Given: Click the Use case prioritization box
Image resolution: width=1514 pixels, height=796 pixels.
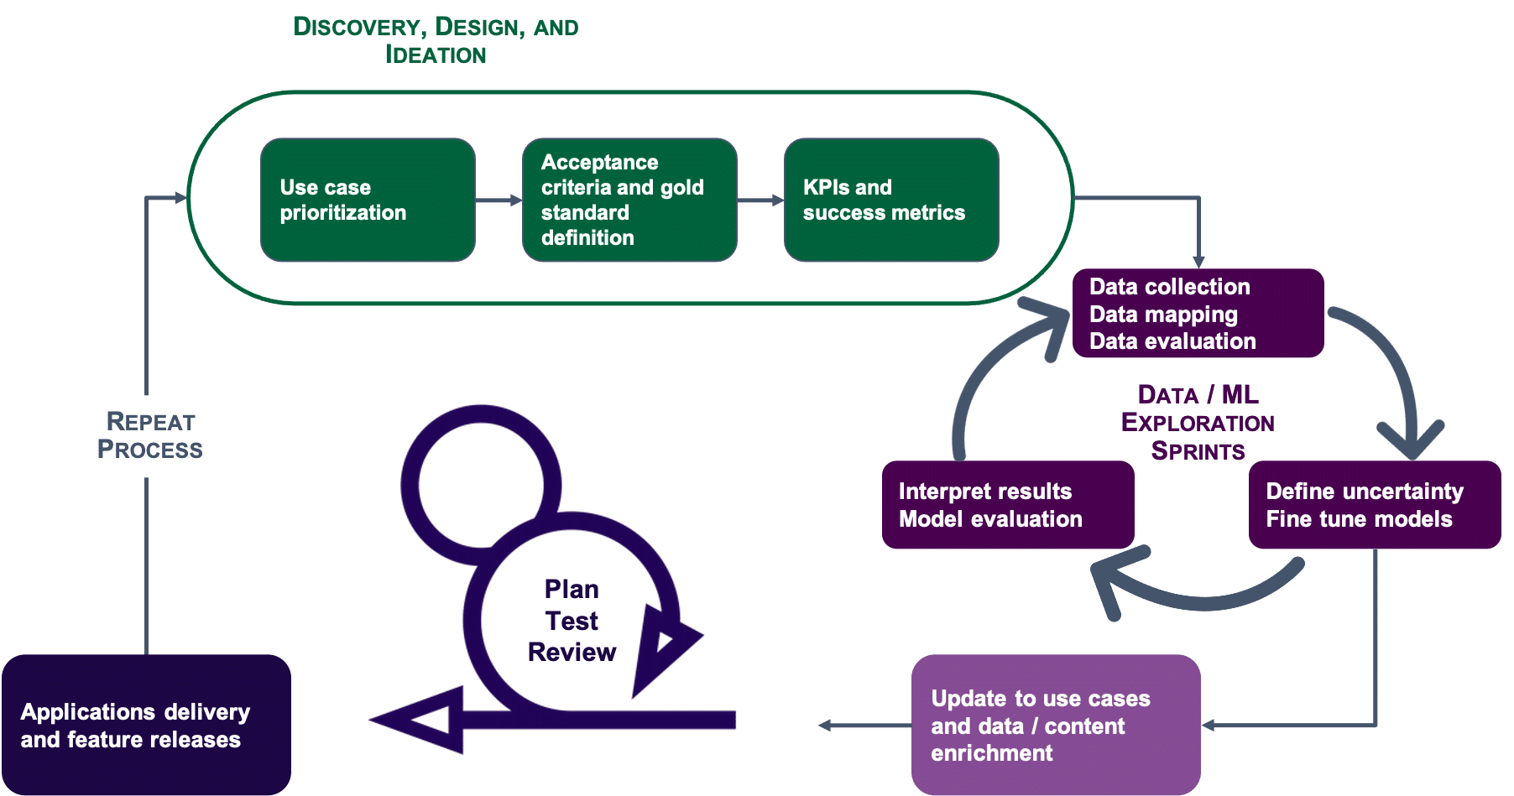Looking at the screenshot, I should click(x=368, y=200).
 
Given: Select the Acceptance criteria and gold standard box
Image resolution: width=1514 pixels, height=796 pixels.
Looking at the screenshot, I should click(x=629, y=200).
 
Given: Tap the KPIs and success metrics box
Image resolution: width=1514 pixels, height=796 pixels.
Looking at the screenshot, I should click(x=891, y=200).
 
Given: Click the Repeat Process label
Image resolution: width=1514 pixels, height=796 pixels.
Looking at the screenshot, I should click(x=150, y=436).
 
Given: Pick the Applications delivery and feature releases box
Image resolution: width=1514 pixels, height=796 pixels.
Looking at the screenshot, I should click(x=146, y=725).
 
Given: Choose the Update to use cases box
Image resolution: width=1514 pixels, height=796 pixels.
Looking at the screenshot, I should click(x=1056, y=725).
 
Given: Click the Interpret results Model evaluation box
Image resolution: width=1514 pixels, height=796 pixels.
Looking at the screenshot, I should click(x=1008, y=505).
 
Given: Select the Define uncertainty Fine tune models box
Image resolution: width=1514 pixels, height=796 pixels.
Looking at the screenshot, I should click(x=1375, y=505).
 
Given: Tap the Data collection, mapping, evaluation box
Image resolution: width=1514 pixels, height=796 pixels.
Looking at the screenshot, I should click(x=1198, y=313).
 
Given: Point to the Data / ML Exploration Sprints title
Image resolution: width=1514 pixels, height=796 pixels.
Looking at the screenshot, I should click(x=1198, y=422).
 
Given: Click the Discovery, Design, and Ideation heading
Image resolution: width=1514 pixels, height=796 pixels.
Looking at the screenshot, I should click(x=436, y=39).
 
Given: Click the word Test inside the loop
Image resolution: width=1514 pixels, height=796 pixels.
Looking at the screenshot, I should click(x=572, y=621).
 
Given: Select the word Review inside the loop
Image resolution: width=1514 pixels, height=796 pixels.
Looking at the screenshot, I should click(x=572, y=652).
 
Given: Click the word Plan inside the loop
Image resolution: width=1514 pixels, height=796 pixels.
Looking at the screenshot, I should click(x=572, y=589).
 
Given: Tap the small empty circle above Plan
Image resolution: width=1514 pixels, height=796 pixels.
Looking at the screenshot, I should click(x=481, y=485).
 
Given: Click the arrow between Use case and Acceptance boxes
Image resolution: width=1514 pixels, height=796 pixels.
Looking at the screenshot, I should click(x=499, y=200).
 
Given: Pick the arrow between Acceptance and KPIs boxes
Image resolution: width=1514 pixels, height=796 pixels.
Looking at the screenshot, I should click(x=761, y=200).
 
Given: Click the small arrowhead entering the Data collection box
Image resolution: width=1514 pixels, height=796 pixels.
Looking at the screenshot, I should click(x=1198, y=262).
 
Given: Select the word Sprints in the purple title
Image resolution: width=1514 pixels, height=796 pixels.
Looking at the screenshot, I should click(x=1198, y=451).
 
